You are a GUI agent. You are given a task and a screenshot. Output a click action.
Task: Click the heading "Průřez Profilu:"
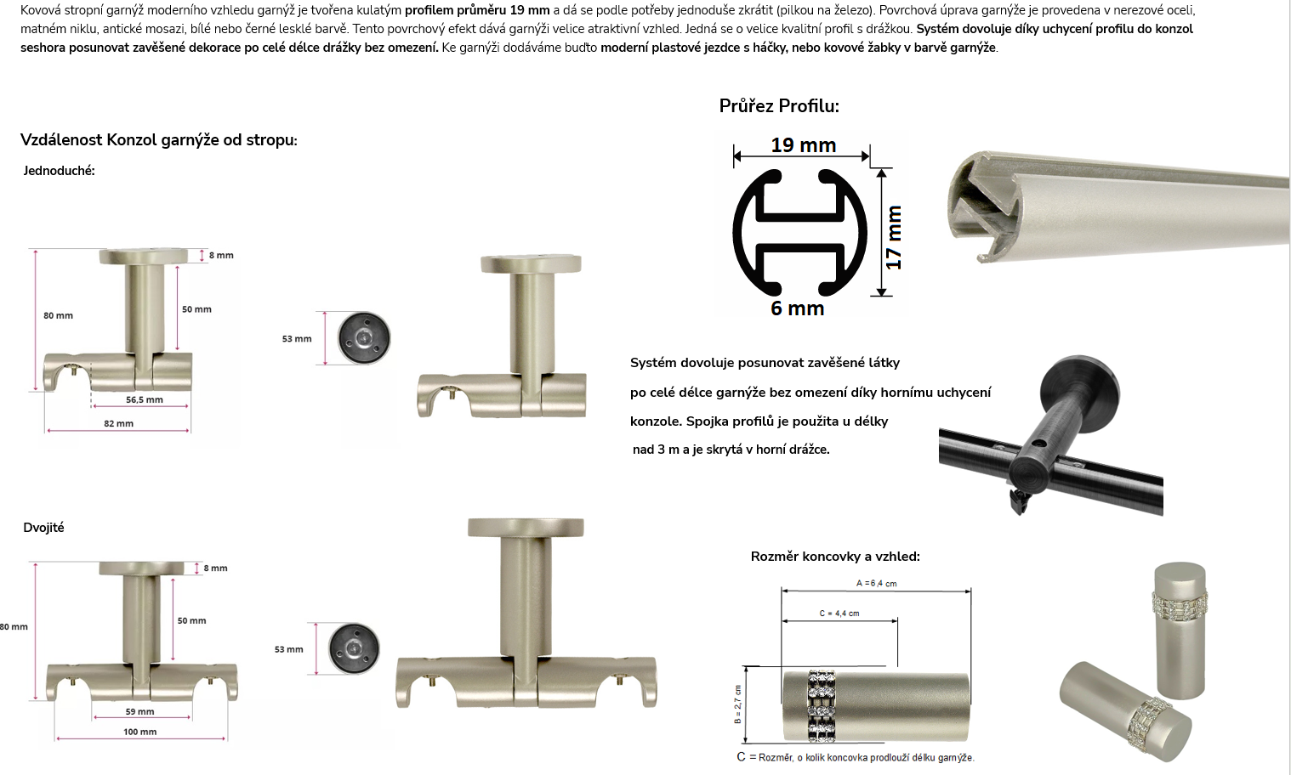(x=779, y=106)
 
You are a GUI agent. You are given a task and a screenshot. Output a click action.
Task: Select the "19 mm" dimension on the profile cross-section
(x=804, y=145)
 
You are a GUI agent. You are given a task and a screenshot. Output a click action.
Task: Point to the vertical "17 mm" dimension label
(x=893, y=237)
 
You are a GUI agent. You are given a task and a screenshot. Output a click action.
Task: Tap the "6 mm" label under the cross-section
(x=797, y=308)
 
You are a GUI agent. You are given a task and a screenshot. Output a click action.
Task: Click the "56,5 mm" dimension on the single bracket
(x=144, y=399)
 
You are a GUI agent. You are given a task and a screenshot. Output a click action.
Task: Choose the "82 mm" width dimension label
(x=119, y=423)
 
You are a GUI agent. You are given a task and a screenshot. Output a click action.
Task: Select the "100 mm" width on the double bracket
(x=140, y=732)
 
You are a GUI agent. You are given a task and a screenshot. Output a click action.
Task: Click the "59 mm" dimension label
(x=140, y=711)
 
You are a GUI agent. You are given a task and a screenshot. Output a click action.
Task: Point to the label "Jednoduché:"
(x=59, y=171)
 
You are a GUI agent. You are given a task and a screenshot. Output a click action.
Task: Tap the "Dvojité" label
(x=44, y=528)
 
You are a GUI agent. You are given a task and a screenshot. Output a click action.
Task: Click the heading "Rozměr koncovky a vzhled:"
(x=835, y=557)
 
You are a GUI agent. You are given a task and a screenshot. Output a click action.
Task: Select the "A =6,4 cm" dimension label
(x=876, y=583)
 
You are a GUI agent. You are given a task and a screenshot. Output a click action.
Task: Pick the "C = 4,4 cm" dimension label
(x=839, y=614)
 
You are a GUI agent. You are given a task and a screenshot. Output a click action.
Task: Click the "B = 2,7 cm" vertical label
(x=738, y=704)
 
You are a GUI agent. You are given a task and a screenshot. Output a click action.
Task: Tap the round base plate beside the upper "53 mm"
(x=364, y=338)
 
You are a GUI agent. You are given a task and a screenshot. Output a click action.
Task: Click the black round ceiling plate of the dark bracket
(x=1080, y=387)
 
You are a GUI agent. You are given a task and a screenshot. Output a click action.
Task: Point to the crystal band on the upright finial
(x=1180, y=602)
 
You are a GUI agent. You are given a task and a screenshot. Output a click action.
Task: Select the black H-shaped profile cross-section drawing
(x=800, y=233)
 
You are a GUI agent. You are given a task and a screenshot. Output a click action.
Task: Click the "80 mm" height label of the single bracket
(x=58, y=315)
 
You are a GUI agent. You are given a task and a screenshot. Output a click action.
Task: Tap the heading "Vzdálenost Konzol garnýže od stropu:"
(x=159, y=140)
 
